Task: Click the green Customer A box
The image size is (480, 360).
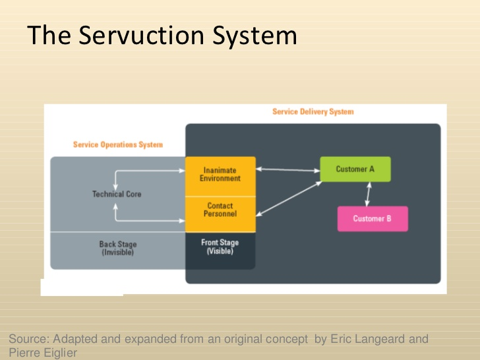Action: click(355, 169)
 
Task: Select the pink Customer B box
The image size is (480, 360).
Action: click(373, 219)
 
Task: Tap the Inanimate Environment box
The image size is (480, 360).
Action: click(220, 175)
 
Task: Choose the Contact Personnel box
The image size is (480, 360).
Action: click(220, 210)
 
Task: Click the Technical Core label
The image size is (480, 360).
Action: click(117, 195)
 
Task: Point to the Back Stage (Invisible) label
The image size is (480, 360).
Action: click(118, 249)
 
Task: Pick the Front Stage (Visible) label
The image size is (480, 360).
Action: click(220, 247)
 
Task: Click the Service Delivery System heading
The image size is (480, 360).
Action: click(313, 112)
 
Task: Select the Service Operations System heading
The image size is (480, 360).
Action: click(117, 144)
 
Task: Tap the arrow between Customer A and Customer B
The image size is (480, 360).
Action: click(368, 194)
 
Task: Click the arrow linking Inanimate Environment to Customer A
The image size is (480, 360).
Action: click(287, 170)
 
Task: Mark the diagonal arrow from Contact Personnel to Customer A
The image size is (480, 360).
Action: click(287, 197)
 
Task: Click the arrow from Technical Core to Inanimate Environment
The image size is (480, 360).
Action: click(148, 172)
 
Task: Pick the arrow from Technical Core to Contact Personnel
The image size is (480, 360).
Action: click(148, 220)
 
